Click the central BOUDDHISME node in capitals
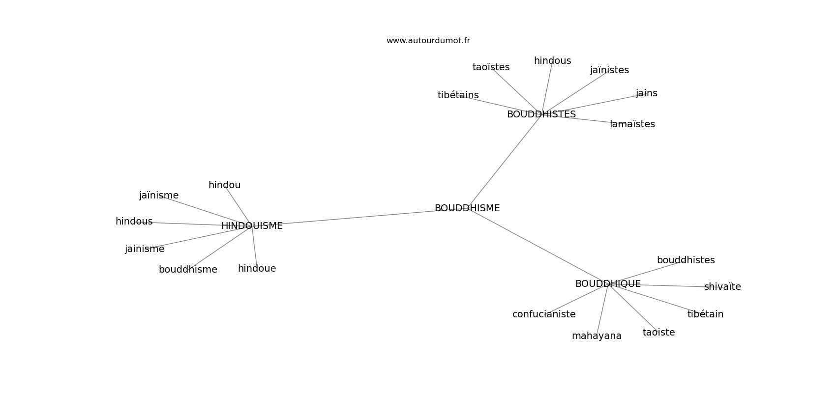tap(467, 208)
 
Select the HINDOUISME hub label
tap(252, 226)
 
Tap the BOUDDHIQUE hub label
tap(607, 284)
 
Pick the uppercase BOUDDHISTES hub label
tap(541, 114)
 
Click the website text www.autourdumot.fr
tap(428, 41)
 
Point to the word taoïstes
tap(491, 67)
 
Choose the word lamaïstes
tap(632, 124)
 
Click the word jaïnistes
tap(609, 70)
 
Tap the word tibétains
tap(458, 95)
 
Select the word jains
tap(646, 93)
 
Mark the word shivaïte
tap(722, 287)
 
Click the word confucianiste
tap(543, 314)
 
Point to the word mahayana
tap(597, 336)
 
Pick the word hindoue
tap(257, 269)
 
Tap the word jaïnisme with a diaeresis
tap(158, 196)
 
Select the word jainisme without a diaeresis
tap(144, 249)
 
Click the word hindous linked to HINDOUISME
tap(134, 222)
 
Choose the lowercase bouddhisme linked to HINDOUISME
tap(187, 270)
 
